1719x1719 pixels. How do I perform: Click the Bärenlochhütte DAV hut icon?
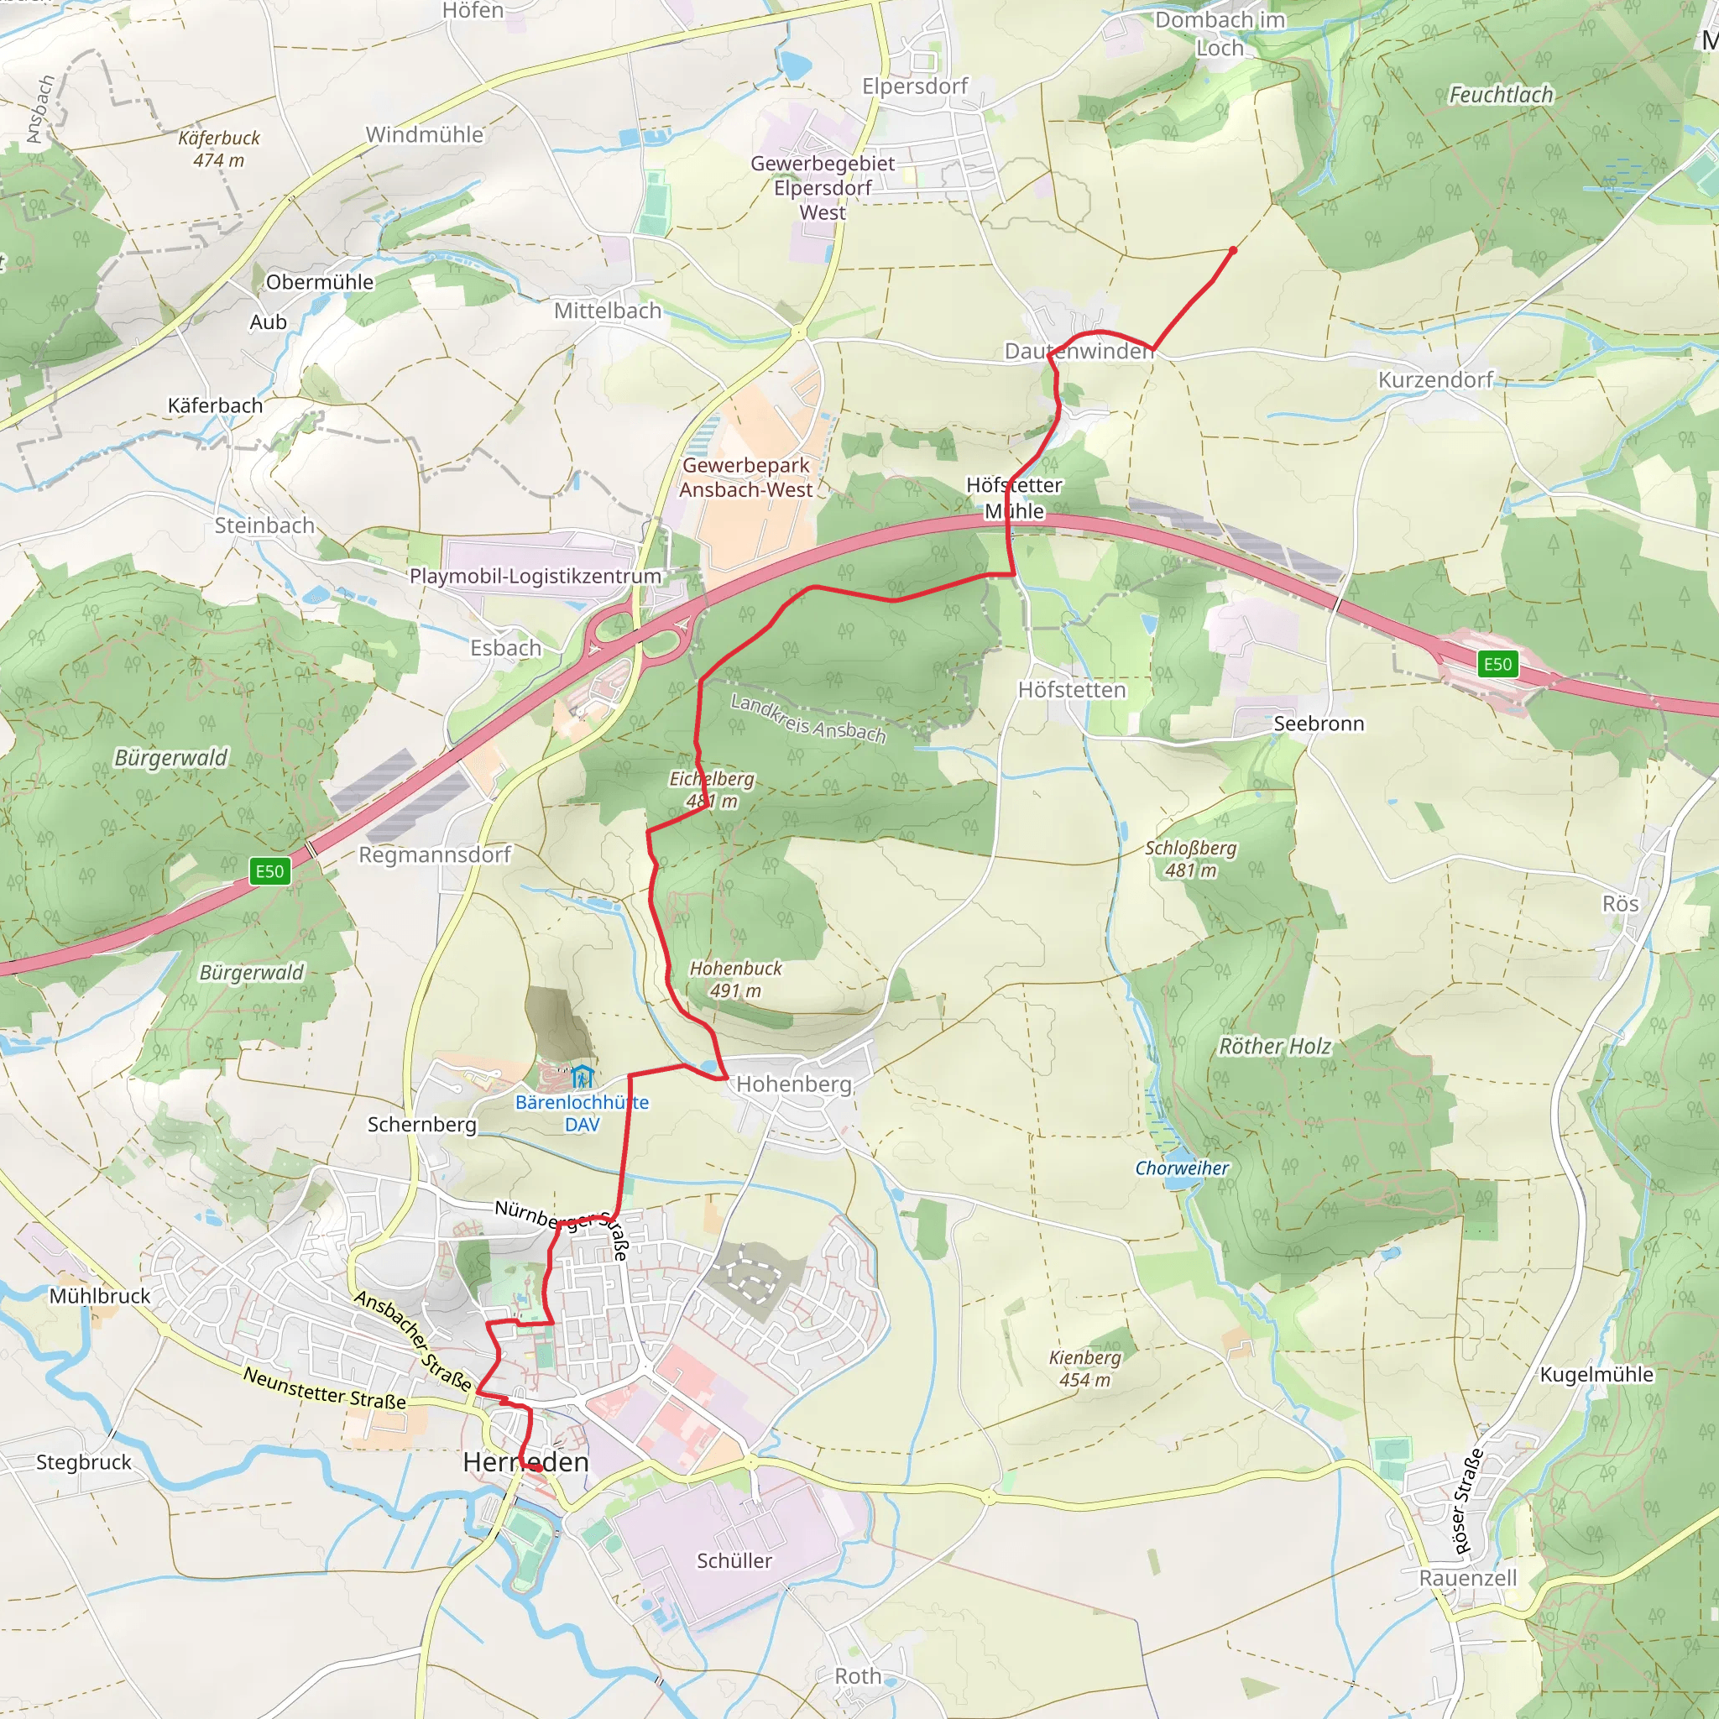click(582, 1077)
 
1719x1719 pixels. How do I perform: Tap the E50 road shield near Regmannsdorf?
click(269, 871)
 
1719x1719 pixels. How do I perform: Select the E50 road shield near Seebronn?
click(1497, 664)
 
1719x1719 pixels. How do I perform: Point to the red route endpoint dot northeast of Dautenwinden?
click(1232, 251)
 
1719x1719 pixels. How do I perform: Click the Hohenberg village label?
click(794, 1084)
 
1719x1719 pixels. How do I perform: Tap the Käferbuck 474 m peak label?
click(219, 149)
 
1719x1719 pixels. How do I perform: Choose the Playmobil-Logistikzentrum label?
click(535, 576)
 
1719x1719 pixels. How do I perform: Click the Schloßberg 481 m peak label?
click(1190, 859)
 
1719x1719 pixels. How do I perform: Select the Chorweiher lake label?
click(1182, 1168)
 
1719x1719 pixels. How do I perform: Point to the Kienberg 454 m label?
click(1084, 1368)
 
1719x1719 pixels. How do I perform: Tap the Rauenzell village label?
click(1468, 1577)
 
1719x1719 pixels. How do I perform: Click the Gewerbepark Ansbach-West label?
click(745, 477)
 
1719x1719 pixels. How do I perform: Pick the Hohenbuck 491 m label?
click(736, 979)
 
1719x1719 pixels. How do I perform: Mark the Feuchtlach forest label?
click(1501, 94)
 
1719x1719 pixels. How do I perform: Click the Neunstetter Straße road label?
click(325, 1388)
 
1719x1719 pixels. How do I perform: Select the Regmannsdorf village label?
click(435, 854)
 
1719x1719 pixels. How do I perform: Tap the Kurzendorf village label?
click(1435, 380)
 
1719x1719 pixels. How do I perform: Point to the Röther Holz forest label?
click(1274, 1047)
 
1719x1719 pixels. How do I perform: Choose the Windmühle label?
click(425, 134)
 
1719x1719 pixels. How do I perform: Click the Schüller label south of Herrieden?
click(734, 1560)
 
